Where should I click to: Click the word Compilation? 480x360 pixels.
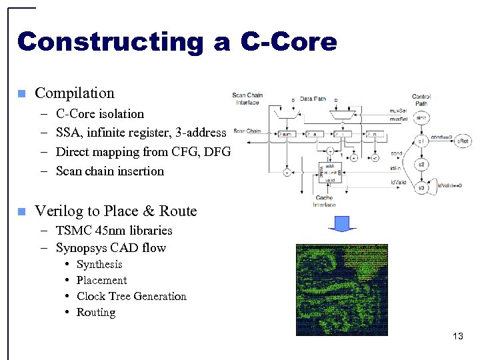coord(75,93)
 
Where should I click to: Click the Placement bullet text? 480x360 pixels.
coord(101,281)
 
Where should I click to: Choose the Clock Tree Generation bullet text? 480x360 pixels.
coord(131,297)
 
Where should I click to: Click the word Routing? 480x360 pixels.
coord(96,313)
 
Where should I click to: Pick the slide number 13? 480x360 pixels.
coord(457,336)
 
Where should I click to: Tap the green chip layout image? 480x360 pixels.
coord(342,289)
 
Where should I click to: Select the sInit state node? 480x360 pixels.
coord(421,118)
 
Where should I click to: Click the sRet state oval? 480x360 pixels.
coord(462,141)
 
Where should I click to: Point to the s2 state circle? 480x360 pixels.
coord(421,164)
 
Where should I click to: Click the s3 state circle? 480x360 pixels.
coord(421,188)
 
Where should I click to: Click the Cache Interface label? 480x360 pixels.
coord(325,201)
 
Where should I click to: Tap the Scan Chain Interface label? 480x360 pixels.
coord(247,99)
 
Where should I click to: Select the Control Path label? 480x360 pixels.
coord(421,100)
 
